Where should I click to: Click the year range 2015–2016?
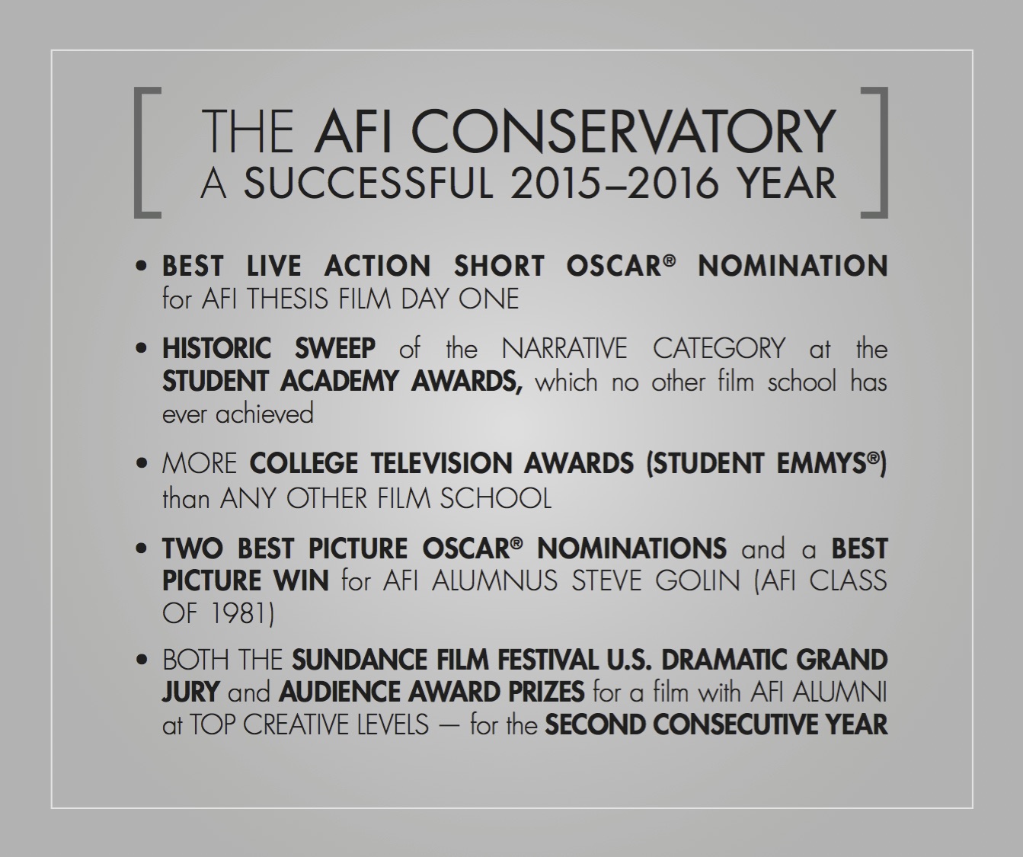point(612,184)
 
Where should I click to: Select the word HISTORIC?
point(216,349)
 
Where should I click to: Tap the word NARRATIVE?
point(564,349)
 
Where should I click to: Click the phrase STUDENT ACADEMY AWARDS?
point(342,381)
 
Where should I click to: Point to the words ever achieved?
point(238,414)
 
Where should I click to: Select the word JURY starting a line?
point(191,692)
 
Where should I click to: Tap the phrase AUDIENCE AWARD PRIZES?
point(431,692)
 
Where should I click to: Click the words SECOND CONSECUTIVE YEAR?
point(716,724)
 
